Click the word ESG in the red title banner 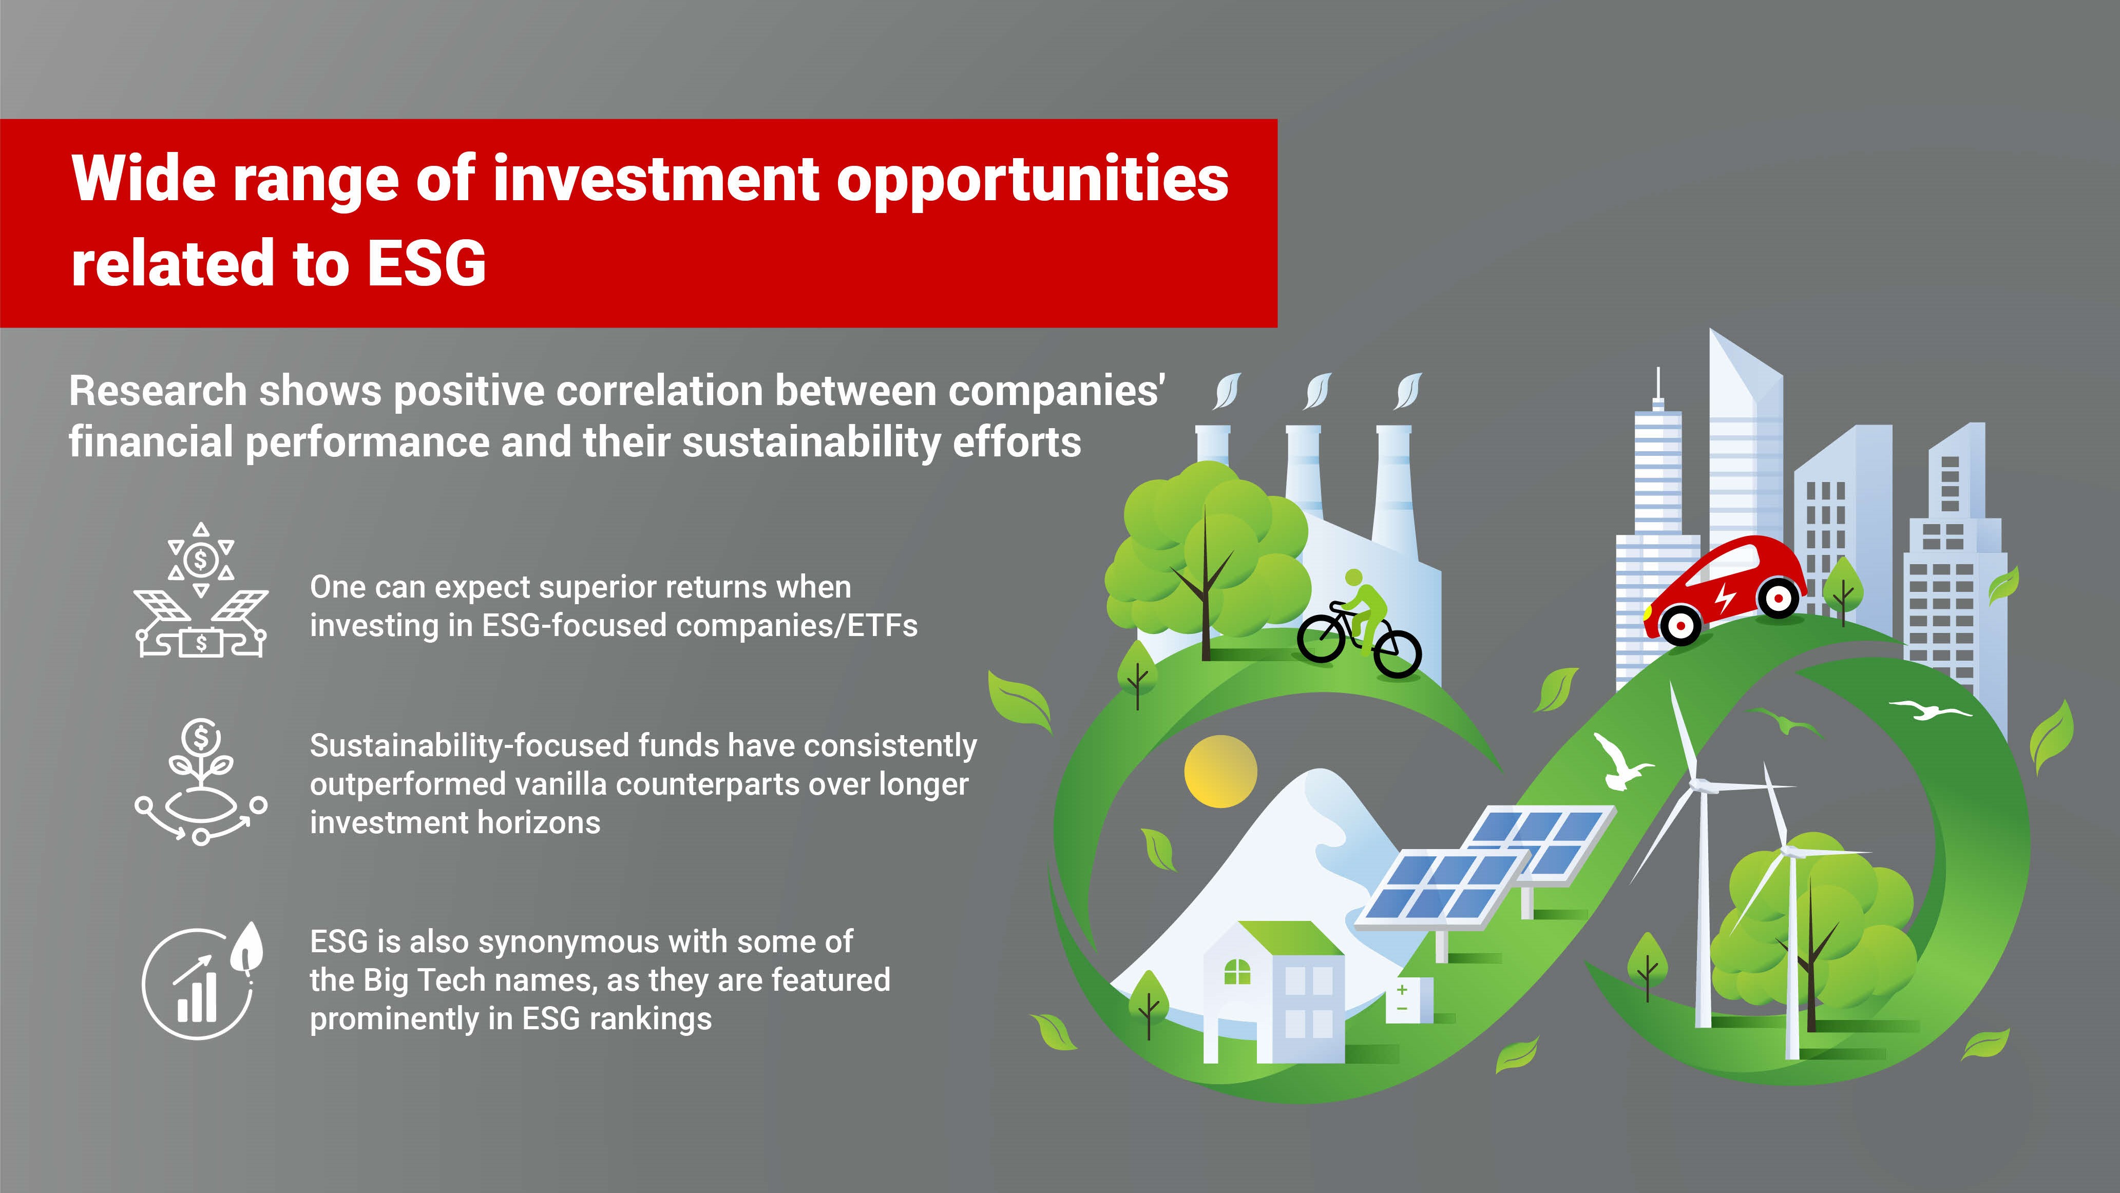coord(426,263)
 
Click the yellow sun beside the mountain coord(1220,771)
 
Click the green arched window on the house coord(1237,972)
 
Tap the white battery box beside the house coord(1408,999)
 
